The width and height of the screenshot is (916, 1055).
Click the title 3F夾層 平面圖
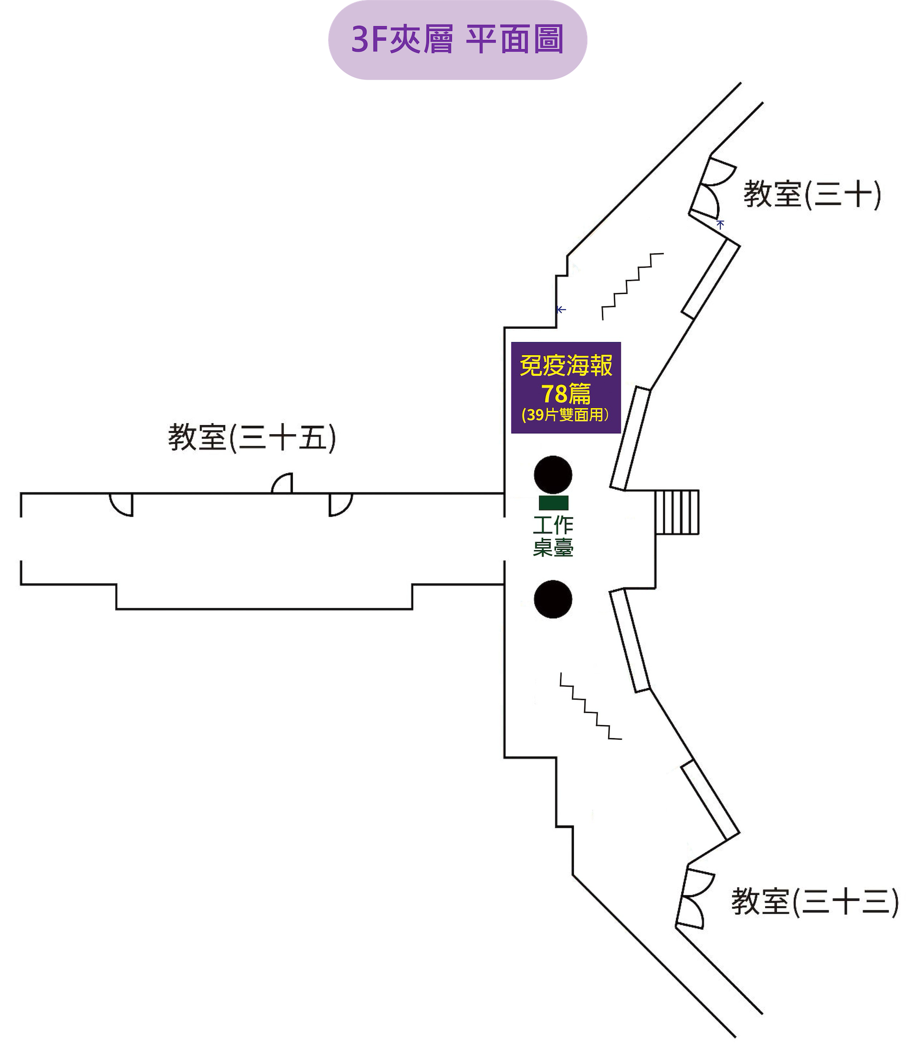458,40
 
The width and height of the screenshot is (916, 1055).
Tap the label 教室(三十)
812,195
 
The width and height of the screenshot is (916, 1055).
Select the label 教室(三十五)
251,438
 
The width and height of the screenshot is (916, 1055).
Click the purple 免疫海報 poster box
566,387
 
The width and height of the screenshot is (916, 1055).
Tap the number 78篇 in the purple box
566,394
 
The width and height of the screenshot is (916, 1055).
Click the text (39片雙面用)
566,415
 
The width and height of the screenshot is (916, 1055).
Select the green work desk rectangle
553,502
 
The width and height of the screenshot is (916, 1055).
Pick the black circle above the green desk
553,474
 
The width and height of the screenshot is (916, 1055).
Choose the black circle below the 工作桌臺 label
553,599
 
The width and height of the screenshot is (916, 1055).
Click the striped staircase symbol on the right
677,512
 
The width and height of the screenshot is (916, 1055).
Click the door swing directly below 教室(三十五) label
282,483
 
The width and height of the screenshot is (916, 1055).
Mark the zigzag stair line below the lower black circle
591,706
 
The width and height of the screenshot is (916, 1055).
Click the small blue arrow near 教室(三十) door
721,223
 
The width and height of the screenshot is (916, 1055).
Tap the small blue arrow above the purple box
561,309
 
